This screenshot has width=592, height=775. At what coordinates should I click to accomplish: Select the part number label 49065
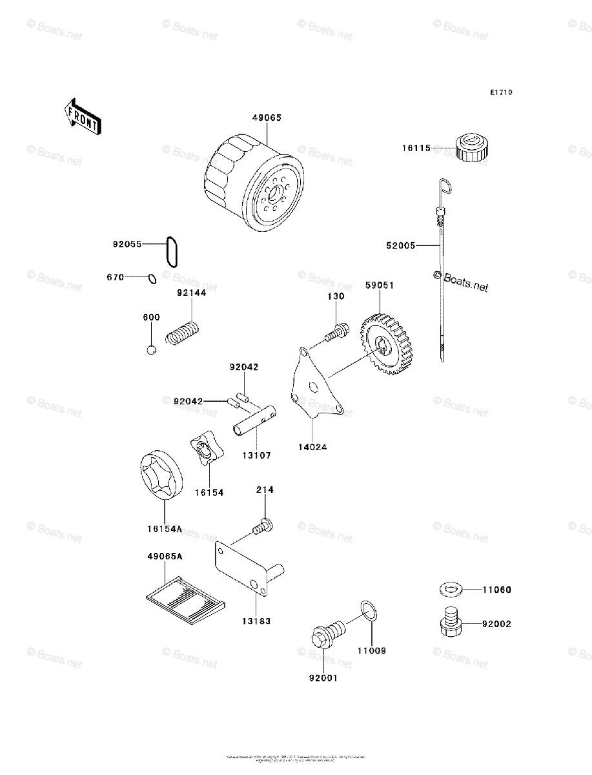coord(267,118)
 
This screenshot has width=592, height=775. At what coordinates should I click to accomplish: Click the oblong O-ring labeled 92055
coord(172,251)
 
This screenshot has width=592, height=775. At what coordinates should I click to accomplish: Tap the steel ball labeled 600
coord(151,350)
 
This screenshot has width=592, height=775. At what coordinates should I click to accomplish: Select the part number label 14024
coord(313,445)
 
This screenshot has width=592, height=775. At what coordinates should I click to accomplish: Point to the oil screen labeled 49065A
coord(185,597)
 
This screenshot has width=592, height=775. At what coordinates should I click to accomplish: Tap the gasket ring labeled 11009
coord(369,612)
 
